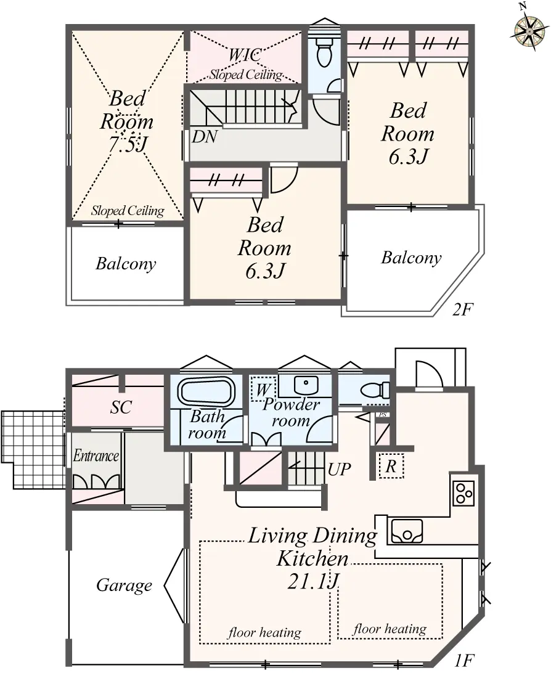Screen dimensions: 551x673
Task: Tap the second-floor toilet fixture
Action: click(x=324, y=52)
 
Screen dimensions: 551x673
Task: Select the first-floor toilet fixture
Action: click(x=375, y=390)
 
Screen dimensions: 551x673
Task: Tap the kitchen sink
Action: click(x=406, y=531)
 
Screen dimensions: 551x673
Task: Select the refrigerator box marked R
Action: click(x=391, y=466)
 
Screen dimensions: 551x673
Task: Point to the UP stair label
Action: click(x=339, y=470)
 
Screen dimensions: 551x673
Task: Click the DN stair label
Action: click(x=205, y=137)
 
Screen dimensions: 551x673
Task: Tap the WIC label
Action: click(x=245, y=55)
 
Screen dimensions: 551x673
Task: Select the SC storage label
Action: click(x=121, y=407)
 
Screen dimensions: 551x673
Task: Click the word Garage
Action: click(x=124, y=585)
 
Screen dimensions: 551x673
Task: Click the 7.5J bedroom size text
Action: click(x=128, y=144)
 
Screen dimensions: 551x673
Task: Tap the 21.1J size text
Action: click(x=314, y=581)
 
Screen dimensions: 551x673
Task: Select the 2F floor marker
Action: click(x=462, y=309)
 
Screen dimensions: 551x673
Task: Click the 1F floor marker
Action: click(x=464, y=660)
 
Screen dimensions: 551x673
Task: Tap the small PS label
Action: click(x=383, y=415)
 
